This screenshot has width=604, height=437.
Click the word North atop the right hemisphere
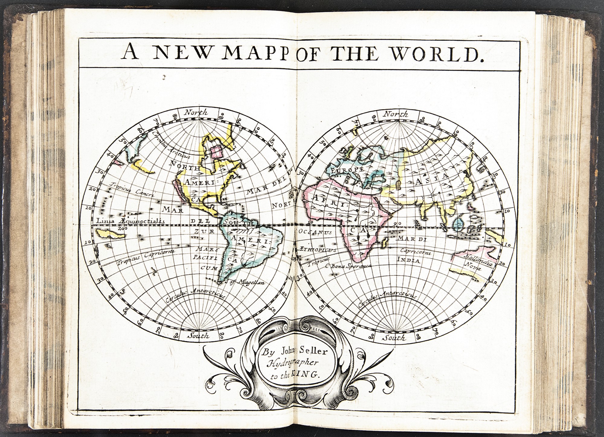395,114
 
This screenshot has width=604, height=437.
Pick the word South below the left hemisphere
198,335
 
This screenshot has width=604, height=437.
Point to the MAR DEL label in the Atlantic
266,192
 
